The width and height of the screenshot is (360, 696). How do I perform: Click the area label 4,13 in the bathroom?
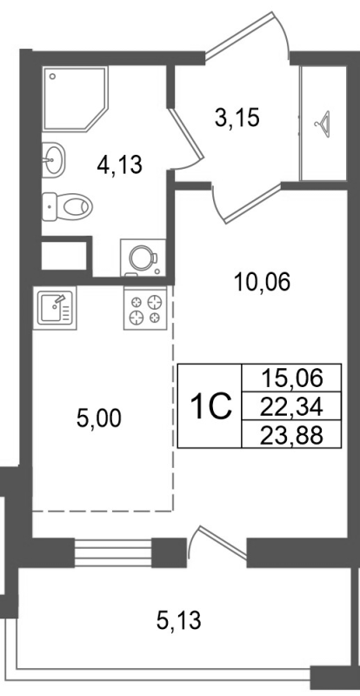point(120,163)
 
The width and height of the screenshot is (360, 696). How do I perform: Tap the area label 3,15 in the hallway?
point(237,117)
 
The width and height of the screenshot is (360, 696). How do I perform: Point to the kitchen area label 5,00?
point(99,418)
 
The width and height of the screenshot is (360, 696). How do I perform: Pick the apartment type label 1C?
point(209,405)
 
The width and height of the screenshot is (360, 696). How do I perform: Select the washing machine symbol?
point(140,257)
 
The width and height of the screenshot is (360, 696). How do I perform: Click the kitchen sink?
point(56,307)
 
